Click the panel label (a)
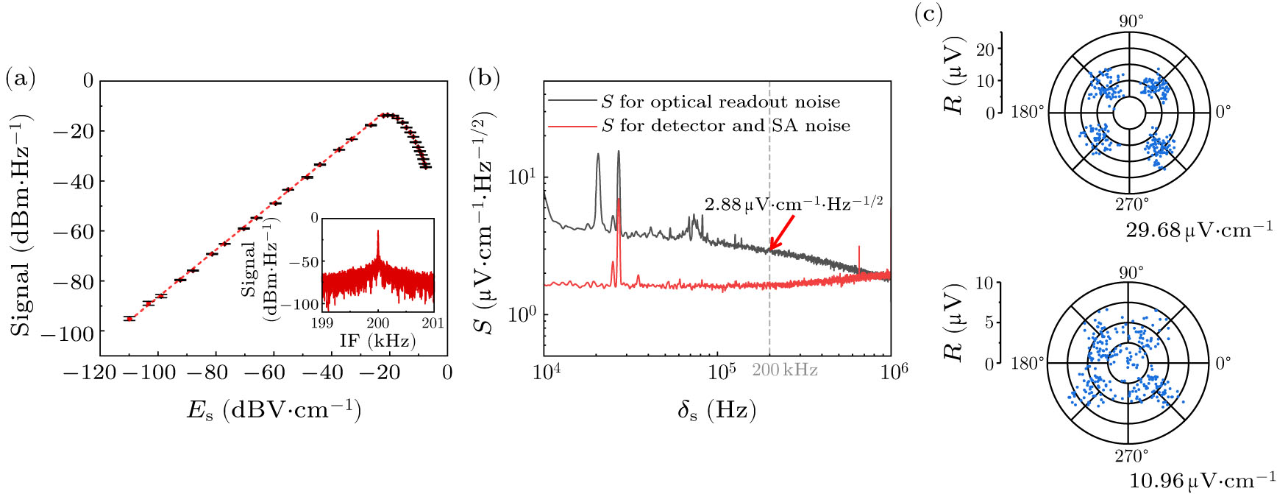coord(20,77)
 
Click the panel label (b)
coord(484,77)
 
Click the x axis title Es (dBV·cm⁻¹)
coord(274,409)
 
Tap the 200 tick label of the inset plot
coord(377,323)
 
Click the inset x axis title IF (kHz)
coord(377,340)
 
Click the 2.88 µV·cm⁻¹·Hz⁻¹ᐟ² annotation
coord(793,204)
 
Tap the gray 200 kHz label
coord(784,370)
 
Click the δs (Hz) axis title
coord(716,409)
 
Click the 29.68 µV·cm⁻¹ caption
coord(1200,230)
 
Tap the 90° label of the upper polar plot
coord(1131,21)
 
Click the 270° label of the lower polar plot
coord(1131,456)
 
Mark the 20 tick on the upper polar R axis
coord(985,49)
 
